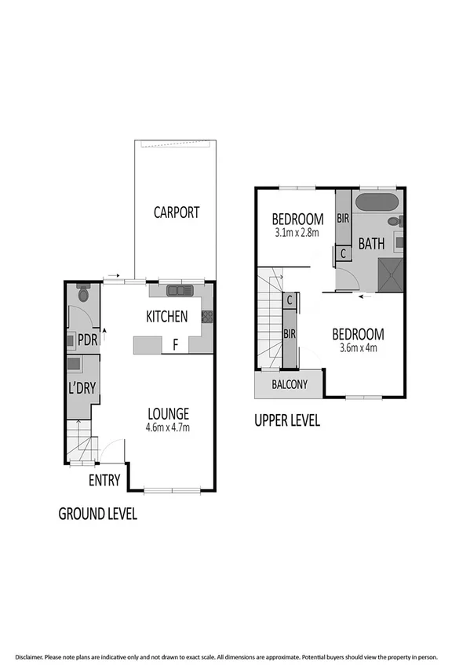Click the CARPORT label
coord(177,212)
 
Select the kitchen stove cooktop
coord(207,316)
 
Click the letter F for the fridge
coord(176,343)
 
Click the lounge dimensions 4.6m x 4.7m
coord(169,427)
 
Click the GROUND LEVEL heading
coord(98,514)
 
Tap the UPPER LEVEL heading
coord(287,420)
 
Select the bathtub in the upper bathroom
coord(377,202)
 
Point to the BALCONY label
coord(289,385)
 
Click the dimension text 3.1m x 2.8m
coord(296,233)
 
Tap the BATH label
coord(371,243)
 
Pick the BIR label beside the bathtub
coord(343,218)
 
